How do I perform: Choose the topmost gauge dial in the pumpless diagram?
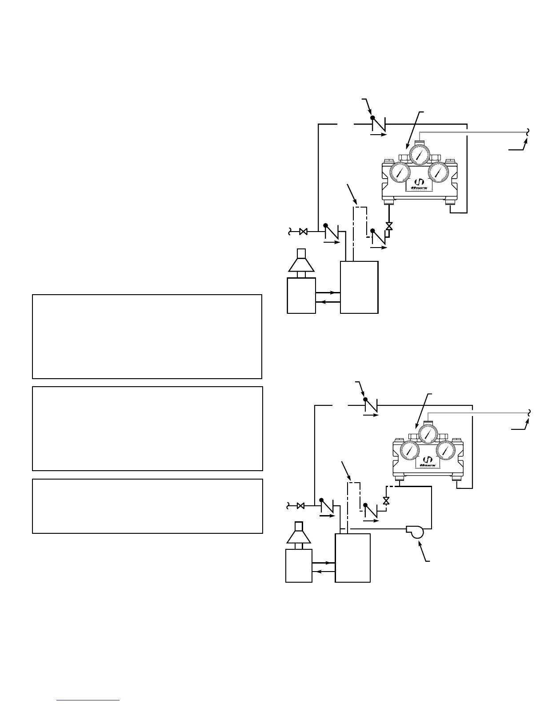point(418,154)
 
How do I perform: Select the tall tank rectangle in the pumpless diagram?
point(359,287)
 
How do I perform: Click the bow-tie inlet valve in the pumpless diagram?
point(304,232)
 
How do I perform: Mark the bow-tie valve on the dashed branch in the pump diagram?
point(386,501)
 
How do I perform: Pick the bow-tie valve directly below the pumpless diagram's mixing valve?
point(389,226)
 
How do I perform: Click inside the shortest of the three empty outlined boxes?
point(148,506)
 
